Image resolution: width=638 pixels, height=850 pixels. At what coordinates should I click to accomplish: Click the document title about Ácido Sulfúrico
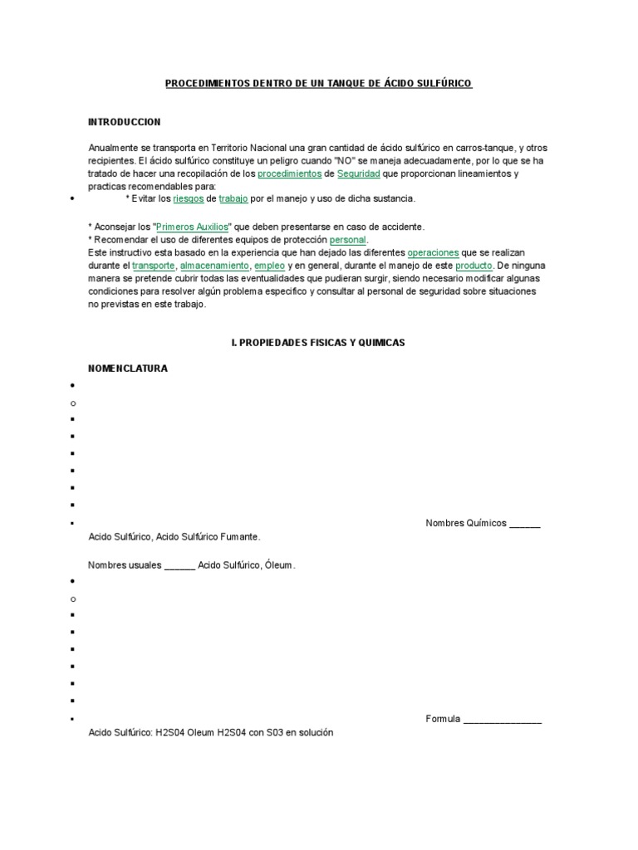(319, 84)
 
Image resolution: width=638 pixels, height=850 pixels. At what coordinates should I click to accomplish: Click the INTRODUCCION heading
(124, 122)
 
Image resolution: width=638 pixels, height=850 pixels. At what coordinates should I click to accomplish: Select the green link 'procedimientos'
(290, 173)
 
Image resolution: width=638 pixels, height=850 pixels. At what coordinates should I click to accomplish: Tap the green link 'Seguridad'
(359, 173)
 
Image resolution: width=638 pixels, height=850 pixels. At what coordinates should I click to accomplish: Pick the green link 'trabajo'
(233, 199)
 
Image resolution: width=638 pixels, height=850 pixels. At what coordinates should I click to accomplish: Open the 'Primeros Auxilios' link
(192, 226)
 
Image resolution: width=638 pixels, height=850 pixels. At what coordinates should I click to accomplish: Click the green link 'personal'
(347, 239)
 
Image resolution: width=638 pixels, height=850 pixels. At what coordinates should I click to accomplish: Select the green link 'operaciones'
(433, 252)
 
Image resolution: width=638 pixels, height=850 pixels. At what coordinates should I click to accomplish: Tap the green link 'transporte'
(154, 266)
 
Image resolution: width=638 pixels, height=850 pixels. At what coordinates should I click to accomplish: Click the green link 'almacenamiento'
(214, 266)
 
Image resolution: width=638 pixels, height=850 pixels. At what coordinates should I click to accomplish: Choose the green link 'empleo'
(270, 266)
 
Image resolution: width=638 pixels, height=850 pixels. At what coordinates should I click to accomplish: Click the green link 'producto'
(474, 266)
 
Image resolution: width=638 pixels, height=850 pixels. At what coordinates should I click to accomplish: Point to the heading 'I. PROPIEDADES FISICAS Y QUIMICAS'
(318, 343)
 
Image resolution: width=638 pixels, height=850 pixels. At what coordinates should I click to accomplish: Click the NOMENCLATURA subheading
(128, 369)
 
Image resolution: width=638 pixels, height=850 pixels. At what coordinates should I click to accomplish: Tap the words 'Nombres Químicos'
(465, 524)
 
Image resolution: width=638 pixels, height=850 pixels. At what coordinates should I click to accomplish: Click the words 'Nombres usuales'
(125, 566)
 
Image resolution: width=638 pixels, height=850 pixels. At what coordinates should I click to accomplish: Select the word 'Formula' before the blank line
(442, 719)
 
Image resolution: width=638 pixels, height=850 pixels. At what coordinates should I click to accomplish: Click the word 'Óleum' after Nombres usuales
(281, 566)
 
